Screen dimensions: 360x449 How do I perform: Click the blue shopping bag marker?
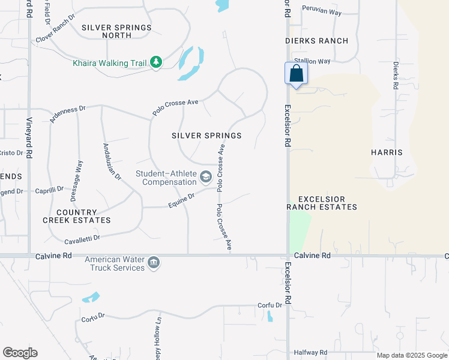pos(297,73)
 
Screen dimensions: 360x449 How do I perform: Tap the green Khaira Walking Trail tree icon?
pos(156,62)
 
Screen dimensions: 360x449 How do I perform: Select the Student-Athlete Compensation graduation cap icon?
pos(206,176)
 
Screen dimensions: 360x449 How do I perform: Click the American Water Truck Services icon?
pos(154,263)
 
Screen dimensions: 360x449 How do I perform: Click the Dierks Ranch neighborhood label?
pos(317,41)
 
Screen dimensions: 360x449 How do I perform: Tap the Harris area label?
pos(387,152)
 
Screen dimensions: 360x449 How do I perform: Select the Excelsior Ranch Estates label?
pos(322,203)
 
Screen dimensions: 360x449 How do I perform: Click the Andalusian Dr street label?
pos(112,161)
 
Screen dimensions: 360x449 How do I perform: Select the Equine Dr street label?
pos(181,199)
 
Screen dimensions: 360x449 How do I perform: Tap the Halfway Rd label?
pos(310,352)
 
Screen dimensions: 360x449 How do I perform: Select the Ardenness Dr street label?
pos(68,114)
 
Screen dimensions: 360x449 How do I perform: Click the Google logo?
pos(20,353)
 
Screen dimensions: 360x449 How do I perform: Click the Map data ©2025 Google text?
pos(411,355)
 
